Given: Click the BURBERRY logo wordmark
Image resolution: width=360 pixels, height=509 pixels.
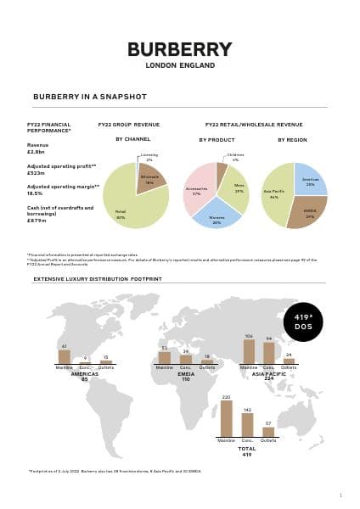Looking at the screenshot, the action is pos(179,49).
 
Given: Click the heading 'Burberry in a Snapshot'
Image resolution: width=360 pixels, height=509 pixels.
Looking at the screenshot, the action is pos(78,97).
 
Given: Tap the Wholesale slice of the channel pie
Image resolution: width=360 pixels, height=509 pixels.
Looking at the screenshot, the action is pos(150,179).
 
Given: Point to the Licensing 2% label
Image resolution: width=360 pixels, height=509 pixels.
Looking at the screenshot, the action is pos(149,158).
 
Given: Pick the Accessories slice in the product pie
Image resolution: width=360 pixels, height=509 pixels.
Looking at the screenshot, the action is pos(198,192).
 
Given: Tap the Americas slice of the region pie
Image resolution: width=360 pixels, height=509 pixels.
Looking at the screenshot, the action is pos(311,178).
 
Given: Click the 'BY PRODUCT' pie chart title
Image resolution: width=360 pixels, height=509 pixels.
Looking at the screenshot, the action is pos(217,139).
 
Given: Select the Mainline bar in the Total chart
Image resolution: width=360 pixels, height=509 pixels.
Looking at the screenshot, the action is pos(227,418).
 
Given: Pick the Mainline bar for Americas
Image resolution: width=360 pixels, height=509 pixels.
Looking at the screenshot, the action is pos(65,356).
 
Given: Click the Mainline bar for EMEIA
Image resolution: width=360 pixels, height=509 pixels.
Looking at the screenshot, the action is pos(166,357).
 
